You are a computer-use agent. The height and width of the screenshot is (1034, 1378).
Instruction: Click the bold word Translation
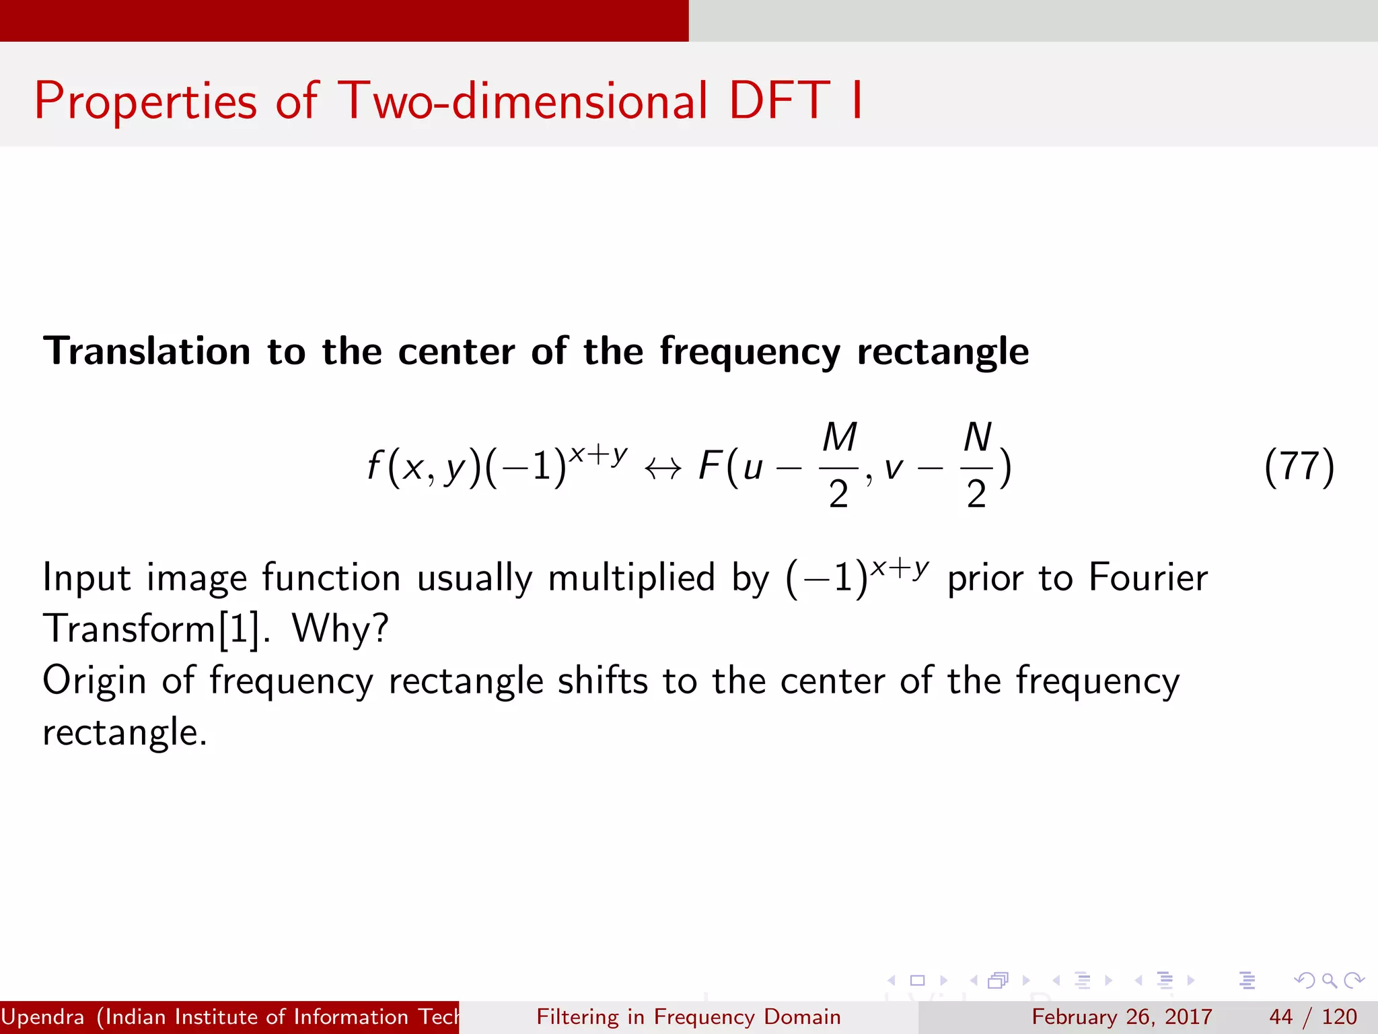point(147,351)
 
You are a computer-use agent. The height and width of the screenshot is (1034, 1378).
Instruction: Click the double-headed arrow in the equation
point(663,469)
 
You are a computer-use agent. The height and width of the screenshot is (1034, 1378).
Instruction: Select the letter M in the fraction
point(839,438)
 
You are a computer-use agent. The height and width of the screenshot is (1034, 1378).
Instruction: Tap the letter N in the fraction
point(977,438)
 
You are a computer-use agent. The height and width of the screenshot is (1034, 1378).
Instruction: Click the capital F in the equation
point(711,466)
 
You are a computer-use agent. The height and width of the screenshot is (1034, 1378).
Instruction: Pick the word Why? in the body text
point(340,629)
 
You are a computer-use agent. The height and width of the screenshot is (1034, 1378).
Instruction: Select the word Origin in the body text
point(94,681)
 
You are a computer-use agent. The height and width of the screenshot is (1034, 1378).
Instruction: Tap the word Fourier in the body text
point(1148,578)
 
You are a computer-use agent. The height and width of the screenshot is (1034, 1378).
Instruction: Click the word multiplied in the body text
point(631,578)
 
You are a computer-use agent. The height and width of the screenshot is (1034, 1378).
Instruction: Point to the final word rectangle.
point(124,732)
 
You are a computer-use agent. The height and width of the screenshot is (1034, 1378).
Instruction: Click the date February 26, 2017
point(1122,1016)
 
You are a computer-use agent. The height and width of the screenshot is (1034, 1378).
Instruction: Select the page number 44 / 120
point(1313,1016)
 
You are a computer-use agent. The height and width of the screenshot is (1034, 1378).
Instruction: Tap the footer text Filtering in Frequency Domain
point(688,1016)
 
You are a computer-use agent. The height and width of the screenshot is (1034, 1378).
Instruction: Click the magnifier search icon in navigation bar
point(1329,980)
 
